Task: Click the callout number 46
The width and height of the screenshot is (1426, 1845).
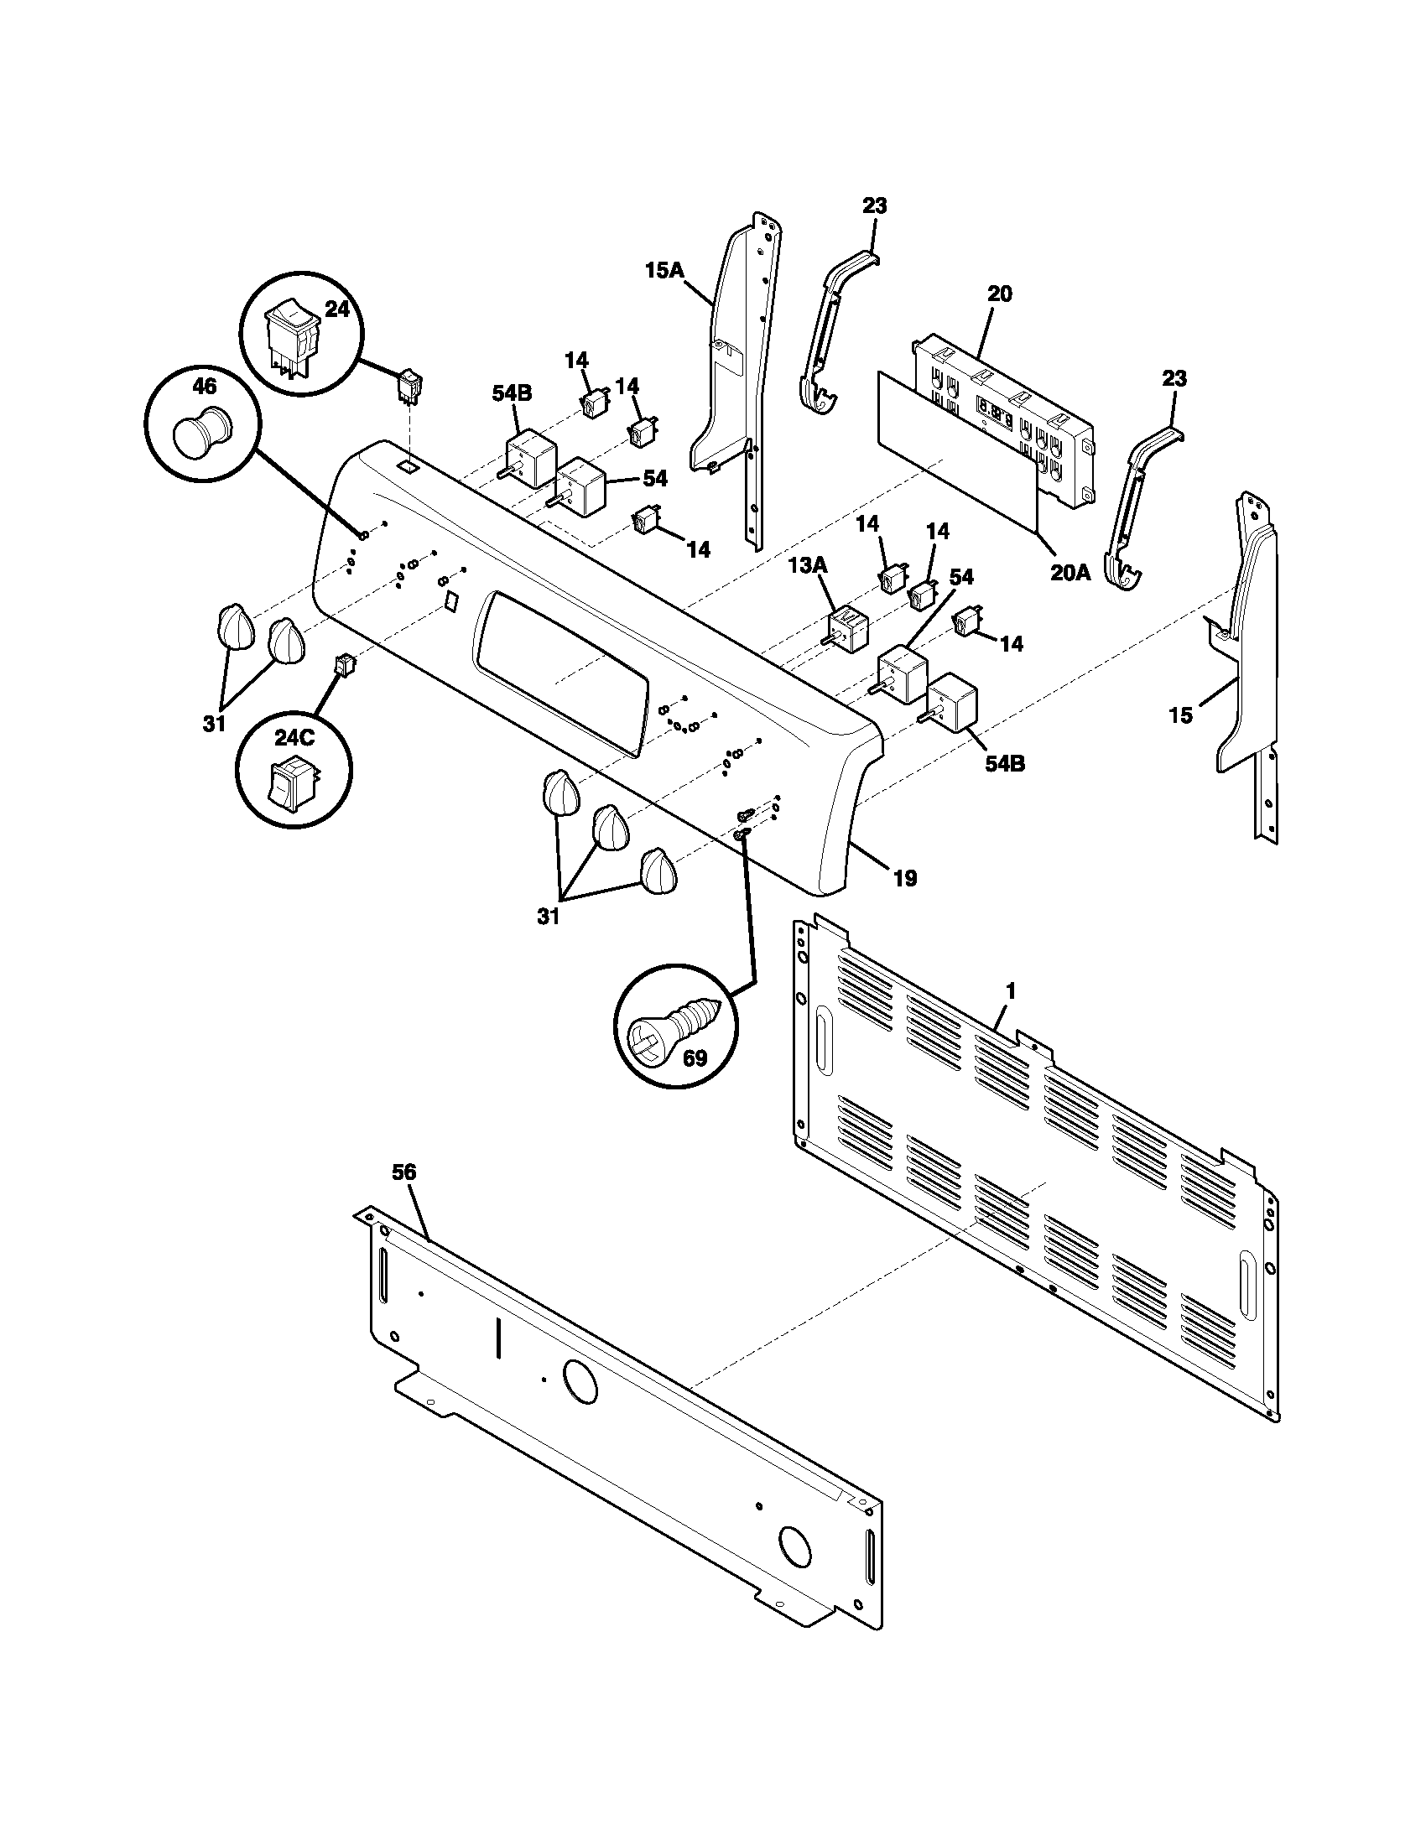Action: pyautogui.click(x=205, y=387)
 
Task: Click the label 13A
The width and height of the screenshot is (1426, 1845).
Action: pyautogui.click(x=809, y=565)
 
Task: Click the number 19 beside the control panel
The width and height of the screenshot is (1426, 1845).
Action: pyautogui.click(x=905, y=879)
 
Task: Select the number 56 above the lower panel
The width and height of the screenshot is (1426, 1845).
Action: pyautogui.click(x=404, y=1172)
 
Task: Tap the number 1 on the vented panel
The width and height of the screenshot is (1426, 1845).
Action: pyautogui.click(x=1011, y=990)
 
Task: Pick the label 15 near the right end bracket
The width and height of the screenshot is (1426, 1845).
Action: pyautogui.click(x=1180, y=715)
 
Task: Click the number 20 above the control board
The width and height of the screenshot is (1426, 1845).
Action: pyautogui.click(x=998, y=294)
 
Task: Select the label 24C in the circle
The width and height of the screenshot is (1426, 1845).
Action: pyautogui.click(x=293, y=736)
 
